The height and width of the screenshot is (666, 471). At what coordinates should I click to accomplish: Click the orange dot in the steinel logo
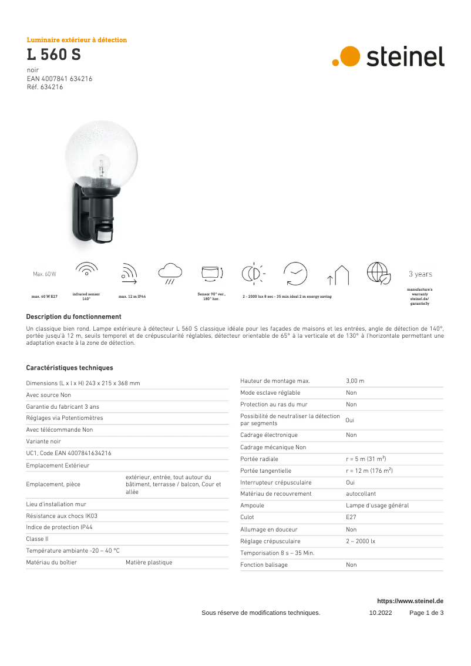tap(350, 56)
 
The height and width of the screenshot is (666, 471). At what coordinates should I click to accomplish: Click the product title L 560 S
tap(53, 55)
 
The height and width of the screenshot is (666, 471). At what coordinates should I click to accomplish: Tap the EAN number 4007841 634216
tap(59, 79)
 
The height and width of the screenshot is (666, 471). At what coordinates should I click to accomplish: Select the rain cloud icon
tap(170, 273)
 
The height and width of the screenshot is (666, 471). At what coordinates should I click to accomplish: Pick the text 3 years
tap(420, 274)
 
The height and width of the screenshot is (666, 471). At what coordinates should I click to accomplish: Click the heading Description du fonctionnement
tap(73, 317)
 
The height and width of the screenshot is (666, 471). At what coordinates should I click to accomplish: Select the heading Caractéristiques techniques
tap(69, 368)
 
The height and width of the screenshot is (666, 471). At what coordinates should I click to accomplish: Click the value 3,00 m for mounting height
tap(355, 381)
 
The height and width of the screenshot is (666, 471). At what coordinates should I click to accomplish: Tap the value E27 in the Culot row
tap(351, 517)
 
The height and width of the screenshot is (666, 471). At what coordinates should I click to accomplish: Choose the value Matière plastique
tap(149, 562)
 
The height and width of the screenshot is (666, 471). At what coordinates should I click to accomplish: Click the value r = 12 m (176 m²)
tap(369, 470)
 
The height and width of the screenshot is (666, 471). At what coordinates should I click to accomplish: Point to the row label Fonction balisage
tap(264, 564)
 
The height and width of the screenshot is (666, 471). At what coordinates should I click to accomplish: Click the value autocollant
tap(361, 494)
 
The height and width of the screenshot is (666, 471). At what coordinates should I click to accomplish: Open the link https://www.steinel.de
tap(410, 601)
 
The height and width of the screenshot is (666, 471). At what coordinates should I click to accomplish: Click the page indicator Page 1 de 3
tap(426, 613)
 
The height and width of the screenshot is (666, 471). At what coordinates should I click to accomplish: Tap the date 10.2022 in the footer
tap(380, 613)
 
